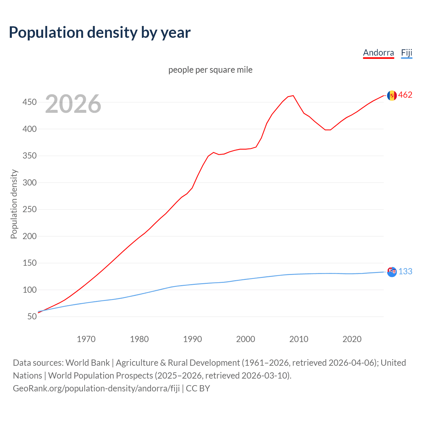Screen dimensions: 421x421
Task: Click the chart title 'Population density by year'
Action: tap(100, 32)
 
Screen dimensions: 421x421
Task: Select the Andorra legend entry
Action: tap(378, 53)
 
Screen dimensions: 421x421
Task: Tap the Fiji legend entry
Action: tap(407, 53)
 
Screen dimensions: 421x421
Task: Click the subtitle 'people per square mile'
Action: tap(210, 70)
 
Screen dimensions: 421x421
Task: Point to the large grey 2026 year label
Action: tap(73, 104)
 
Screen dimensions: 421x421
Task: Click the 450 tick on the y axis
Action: tap(29, 102)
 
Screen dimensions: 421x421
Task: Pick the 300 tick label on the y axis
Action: tap(29, 183)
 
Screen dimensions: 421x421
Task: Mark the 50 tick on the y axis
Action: tap(32, 316)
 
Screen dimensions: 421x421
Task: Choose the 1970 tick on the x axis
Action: tap(86, 339)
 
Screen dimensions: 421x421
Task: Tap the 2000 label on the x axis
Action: tap(245, 339)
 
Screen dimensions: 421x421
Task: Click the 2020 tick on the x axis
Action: tap(352, 339)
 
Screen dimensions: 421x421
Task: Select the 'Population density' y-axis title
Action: tap(14, 204)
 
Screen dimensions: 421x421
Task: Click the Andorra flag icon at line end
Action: tap(392, 95)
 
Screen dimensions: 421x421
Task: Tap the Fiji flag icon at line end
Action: tap(392, 272)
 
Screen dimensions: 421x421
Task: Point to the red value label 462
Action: tap(405, 95)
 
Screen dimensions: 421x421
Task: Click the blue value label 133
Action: tap(405, 271)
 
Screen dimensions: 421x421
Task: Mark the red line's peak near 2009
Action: tap(293, 96)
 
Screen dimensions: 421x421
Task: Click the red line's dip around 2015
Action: tap(328, 130)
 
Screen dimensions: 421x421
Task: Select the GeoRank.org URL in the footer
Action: tap(96, 388)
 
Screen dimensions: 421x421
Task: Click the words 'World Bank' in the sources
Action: tap(87, 362)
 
